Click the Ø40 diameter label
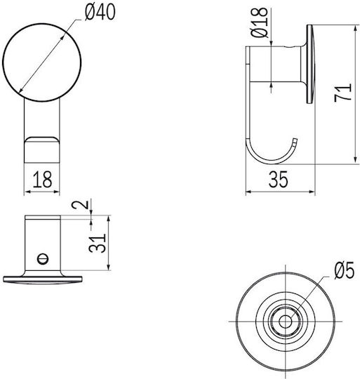click(100, 13)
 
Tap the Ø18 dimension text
click(260, 22)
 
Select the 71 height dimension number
click(342, 93)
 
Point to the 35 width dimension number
click(279, 180)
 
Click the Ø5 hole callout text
click(345, 270)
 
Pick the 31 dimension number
click(97, 243)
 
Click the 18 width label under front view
click(42, 180)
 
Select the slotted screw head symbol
click(43, 259)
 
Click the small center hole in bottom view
click(285, 321)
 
